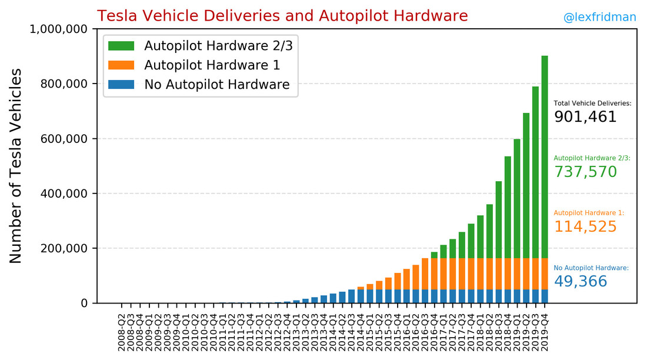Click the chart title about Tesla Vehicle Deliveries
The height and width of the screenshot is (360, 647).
click(x=282, y=16)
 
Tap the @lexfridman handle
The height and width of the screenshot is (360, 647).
click(x=599, y=18)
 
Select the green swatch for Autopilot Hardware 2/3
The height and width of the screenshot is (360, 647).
click(x=121, y=46)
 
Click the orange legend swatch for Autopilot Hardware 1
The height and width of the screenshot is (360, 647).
click(x=121, y=65)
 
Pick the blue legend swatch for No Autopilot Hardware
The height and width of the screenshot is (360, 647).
click(x=121, y=85)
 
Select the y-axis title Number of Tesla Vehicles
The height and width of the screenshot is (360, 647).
click(x=16, y=166)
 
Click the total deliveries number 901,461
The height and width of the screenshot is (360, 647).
click(x=585, y=117)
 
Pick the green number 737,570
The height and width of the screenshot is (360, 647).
click(x=585, y=172)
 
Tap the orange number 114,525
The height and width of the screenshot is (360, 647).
click(x=585, y=227)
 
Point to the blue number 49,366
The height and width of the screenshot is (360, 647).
click(x=581, y=282)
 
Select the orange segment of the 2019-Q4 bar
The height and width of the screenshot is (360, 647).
click(x=544, y=274)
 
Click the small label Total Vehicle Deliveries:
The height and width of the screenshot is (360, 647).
click(x=592, y=104)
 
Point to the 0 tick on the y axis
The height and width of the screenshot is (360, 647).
click(x=84, y=303)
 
